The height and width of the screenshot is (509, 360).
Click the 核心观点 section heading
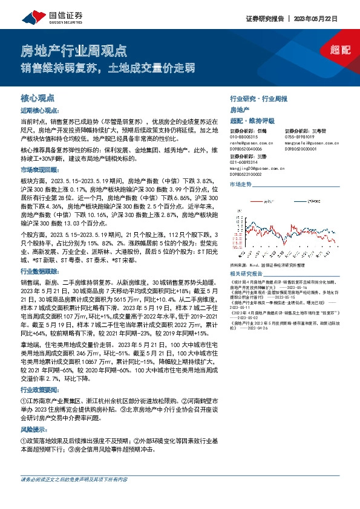tap(38, 97)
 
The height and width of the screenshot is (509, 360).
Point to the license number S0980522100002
tap(247, 172)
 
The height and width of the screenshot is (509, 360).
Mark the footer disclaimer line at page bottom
tap(74, 496)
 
